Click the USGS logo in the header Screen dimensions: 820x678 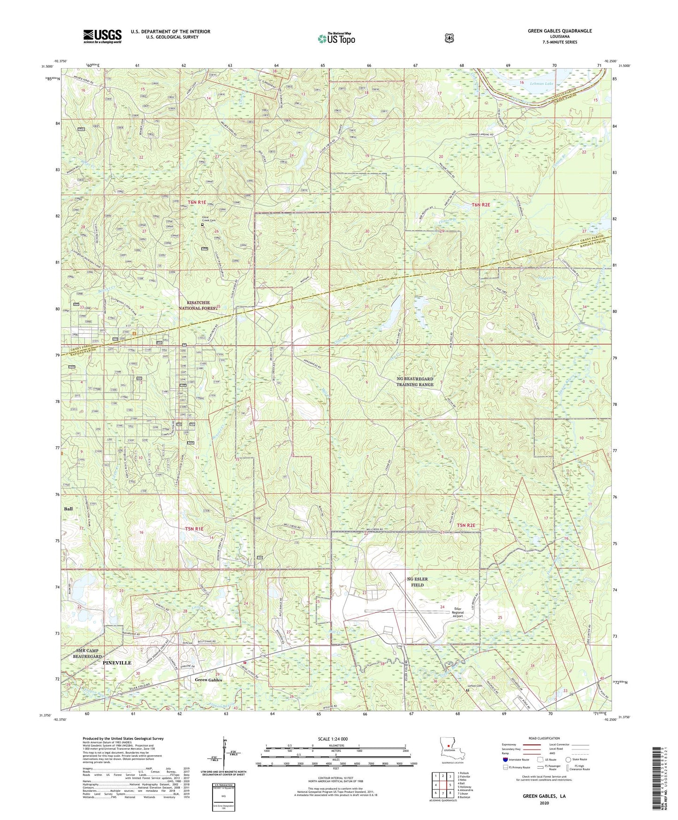tap(102, 36)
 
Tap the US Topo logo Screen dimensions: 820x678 tap(335, 39)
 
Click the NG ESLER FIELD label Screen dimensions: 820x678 tap(417, 582)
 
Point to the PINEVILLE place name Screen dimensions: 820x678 tap(117, 662)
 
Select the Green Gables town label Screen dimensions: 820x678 tap(208, 680)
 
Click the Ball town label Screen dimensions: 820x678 tap(68, 509)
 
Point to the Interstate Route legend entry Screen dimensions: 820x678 tap(516, 759)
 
